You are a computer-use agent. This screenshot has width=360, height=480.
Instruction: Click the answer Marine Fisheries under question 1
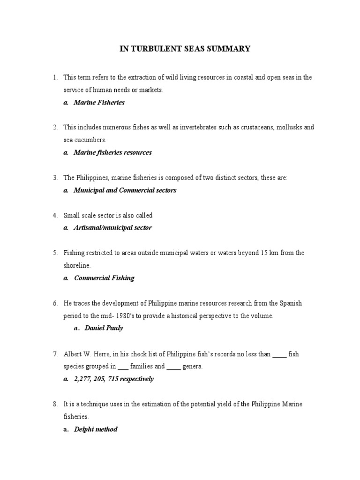pos(99,102)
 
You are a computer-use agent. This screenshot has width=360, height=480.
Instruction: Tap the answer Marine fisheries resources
pos(112,152)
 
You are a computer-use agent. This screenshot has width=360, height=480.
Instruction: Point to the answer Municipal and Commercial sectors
pos(125,190)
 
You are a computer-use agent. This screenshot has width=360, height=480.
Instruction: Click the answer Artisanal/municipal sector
pos(112,228)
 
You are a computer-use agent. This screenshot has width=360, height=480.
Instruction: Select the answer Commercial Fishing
pos(104,278)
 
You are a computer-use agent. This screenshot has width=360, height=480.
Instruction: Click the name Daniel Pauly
pos(104,328)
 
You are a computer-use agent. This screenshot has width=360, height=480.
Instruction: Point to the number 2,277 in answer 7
pos(82,379)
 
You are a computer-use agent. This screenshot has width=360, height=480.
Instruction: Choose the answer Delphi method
pos(96,429)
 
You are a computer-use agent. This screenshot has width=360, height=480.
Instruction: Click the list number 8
pos(55,404)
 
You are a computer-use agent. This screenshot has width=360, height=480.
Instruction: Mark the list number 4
pos(55,216)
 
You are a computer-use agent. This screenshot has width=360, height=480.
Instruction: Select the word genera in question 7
pos(191,367)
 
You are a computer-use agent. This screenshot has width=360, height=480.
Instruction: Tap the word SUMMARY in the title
pos(226,49)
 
